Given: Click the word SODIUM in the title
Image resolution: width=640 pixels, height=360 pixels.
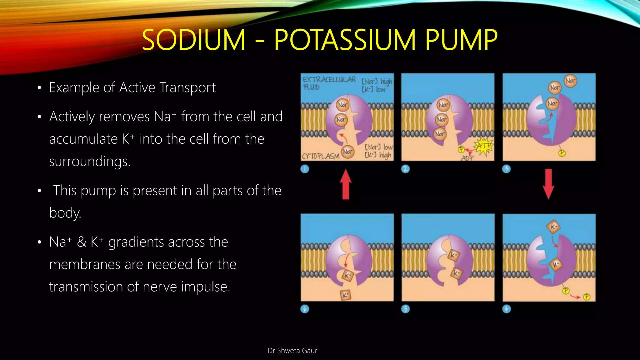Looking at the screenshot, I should click(x=193, y=40).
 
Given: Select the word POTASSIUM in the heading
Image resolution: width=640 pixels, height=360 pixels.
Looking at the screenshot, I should click(x=345, y=40).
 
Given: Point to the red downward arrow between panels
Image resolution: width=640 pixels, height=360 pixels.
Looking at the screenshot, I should click(x=548, y=184).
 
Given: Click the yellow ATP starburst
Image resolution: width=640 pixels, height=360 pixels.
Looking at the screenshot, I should click(x=483, y=146).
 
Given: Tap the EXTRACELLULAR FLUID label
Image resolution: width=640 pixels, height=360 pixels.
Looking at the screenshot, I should click(x=329, y=83).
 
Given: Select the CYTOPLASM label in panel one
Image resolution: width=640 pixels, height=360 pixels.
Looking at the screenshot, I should click(x=321, y=156).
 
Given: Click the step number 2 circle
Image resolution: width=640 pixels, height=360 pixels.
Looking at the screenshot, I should click(x=405, y=169).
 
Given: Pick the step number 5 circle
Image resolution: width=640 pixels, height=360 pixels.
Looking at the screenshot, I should click(x=405, y=309).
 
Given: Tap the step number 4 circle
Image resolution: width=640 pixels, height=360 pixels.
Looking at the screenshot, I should click(x=507, y=309).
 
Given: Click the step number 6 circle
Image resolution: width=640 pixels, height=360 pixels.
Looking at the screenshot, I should click(x=305, y=309).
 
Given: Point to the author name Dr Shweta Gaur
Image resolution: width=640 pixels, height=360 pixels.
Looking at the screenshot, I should click(x=292, y=351).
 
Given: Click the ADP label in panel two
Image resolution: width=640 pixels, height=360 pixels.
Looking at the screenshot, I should click(x=467, y=158).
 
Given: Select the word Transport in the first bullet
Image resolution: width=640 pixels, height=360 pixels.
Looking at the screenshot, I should click(x=187, y=87).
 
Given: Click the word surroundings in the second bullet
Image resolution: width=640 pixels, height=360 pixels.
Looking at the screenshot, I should click(x=90, y=162).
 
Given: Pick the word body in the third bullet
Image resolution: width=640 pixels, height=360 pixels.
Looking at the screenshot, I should click(x=65, y=213).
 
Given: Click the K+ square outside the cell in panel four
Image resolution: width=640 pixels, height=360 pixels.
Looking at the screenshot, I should click(x=553, y=227).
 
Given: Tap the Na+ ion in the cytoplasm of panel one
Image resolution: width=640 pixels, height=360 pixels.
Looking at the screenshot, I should click(x=347, y=152).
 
